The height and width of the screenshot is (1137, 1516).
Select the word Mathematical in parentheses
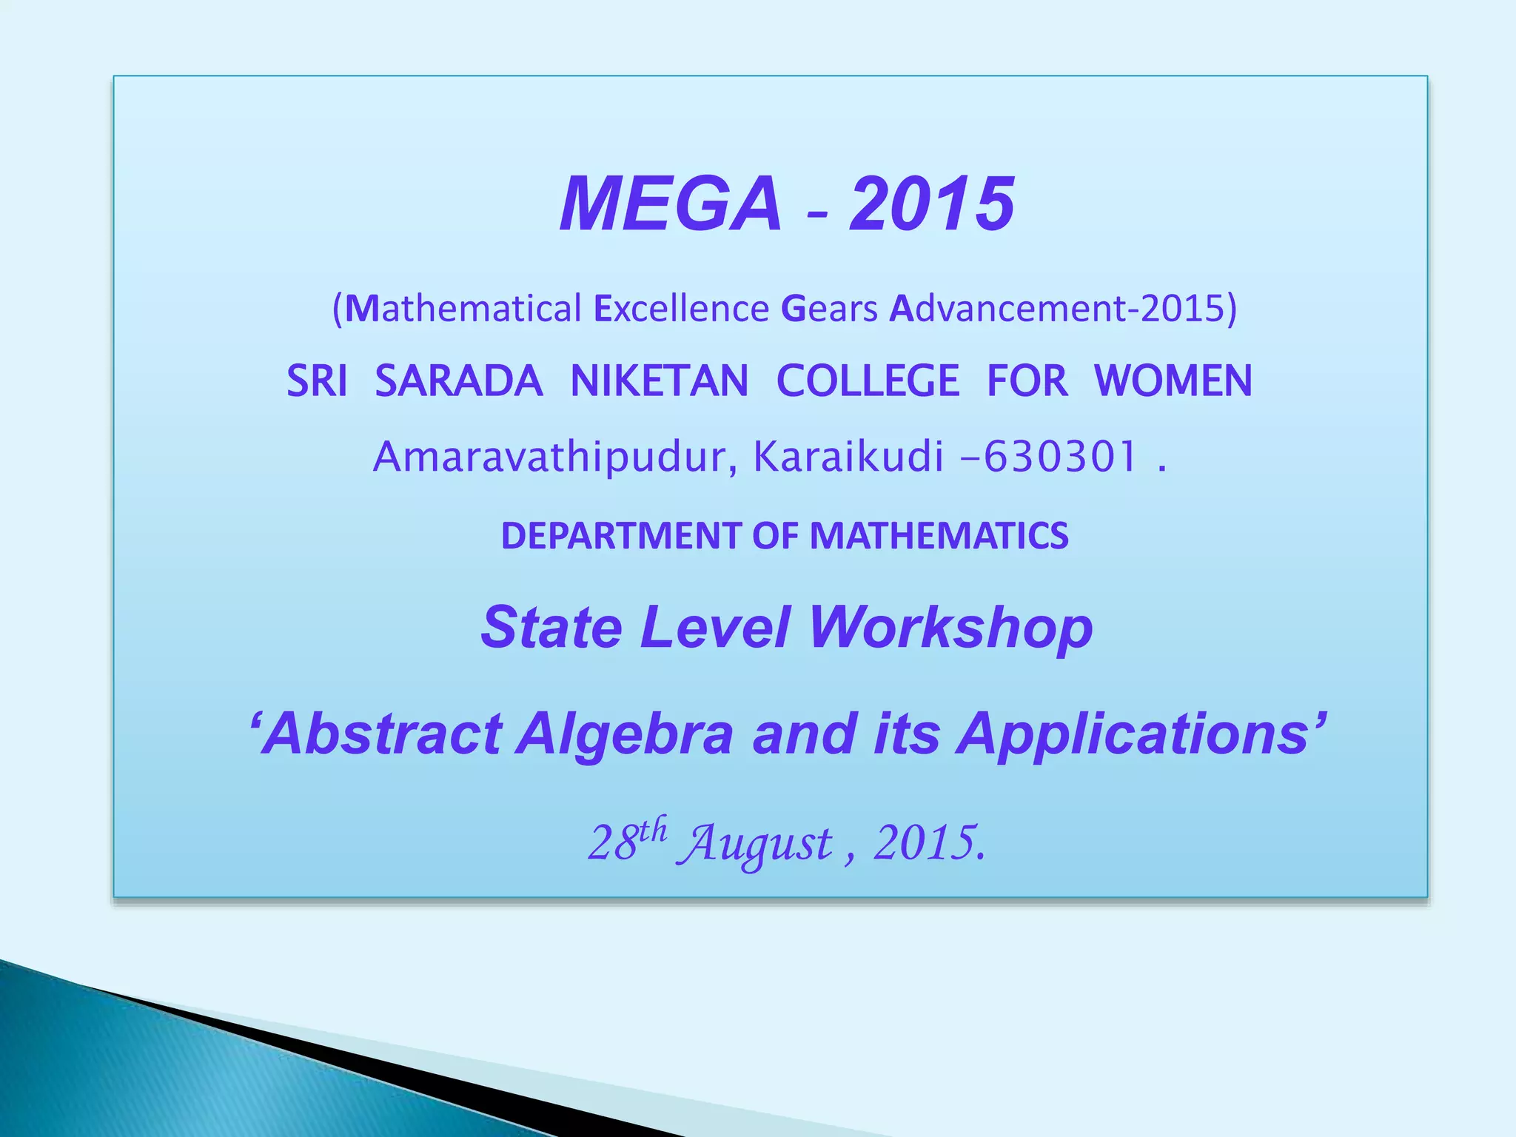[463, 308]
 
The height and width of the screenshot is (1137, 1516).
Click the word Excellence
[682, 308]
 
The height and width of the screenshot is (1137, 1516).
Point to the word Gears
[829, 308]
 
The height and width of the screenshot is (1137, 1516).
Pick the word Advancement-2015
[1062, 308]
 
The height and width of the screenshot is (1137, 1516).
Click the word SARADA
[459, 381]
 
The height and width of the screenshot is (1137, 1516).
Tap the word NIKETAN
[660, 381]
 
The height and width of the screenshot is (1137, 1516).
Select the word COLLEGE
[868, 381]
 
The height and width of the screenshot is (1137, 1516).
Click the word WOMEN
[1173, 381]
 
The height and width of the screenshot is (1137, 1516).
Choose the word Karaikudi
[848, 457]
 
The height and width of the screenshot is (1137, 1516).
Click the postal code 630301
[1060, 457]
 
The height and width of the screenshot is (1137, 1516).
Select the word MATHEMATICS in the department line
[939, 535]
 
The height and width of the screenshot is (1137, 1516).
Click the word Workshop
[950, 628]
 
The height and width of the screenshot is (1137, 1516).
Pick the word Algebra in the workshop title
[625, 734]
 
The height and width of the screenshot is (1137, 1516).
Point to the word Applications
[1133, 734]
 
